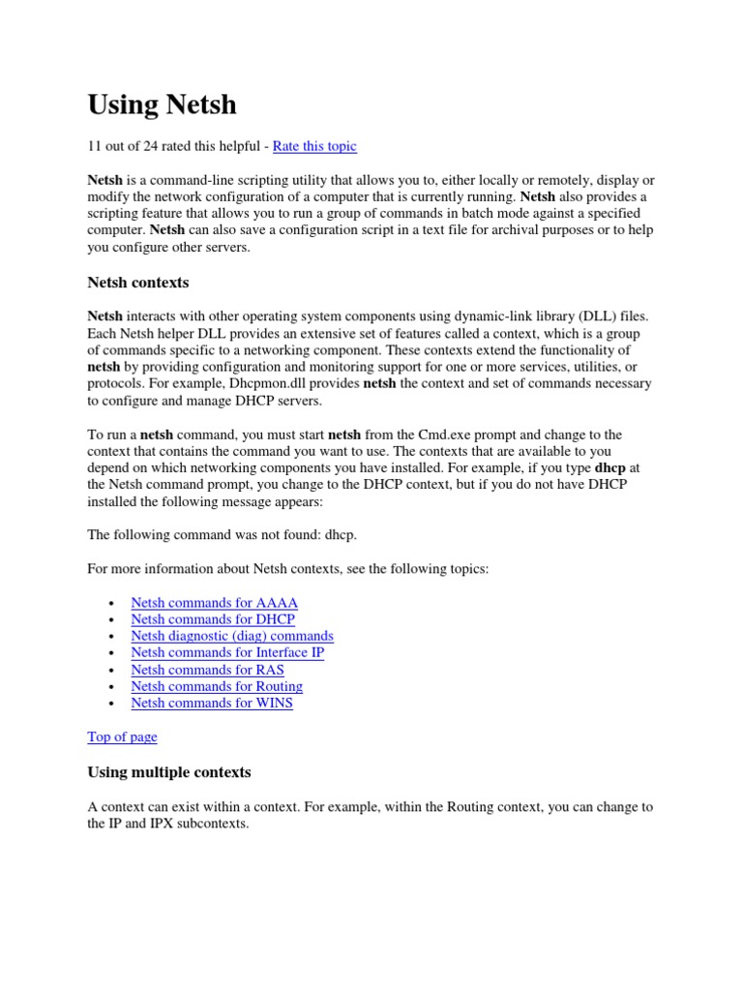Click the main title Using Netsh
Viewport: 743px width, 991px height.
(162, 104)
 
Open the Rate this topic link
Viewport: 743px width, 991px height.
(314, 146)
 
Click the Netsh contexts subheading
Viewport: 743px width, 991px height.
(138, 283)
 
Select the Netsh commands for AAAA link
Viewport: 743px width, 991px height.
(214, 602)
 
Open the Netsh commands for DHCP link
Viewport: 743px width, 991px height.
(213, 619)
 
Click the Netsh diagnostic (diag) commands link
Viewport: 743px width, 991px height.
(232, 636)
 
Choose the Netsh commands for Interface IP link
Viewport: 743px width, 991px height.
(227, 652)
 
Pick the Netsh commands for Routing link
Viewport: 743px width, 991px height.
(217, 686)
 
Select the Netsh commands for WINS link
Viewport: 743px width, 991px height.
(212, 703)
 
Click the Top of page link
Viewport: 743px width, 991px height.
(122, 736)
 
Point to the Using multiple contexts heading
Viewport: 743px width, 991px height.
(169, 772)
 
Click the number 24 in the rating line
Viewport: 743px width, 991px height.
(154, 146)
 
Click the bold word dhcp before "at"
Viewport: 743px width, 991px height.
(609, 468)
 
